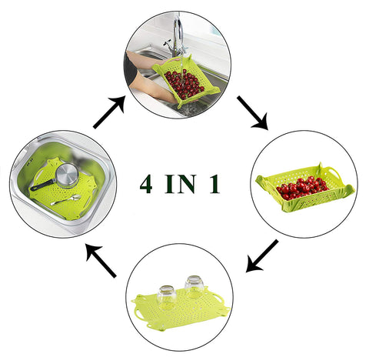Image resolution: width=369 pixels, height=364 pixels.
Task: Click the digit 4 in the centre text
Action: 147,184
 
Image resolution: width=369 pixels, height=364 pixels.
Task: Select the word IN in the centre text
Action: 181,184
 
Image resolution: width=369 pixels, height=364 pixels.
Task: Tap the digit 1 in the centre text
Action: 214,184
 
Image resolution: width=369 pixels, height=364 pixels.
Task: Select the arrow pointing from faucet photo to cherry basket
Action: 253,112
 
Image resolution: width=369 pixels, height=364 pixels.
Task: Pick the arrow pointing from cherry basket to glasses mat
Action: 262,255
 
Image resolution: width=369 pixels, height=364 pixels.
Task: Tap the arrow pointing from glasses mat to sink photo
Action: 101,261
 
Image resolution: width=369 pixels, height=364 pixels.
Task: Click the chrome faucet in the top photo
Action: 177,36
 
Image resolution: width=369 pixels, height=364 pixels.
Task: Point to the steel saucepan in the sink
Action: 68,175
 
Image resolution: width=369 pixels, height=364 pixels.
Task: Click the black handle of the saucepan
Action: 42,185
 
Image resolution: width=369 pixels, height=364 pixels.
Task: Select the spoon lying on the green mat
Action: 65,200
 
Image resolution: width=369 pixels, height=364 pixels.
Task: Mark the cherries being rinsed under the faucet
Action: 184,84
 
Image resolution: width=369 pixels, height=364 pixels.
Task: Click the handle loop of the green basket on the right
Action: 334,172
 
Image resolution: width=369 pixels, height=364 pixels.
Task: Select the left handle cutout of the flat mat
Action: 138,314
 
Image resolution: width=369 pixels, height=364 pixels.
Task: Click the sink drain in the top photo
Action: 191,109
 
